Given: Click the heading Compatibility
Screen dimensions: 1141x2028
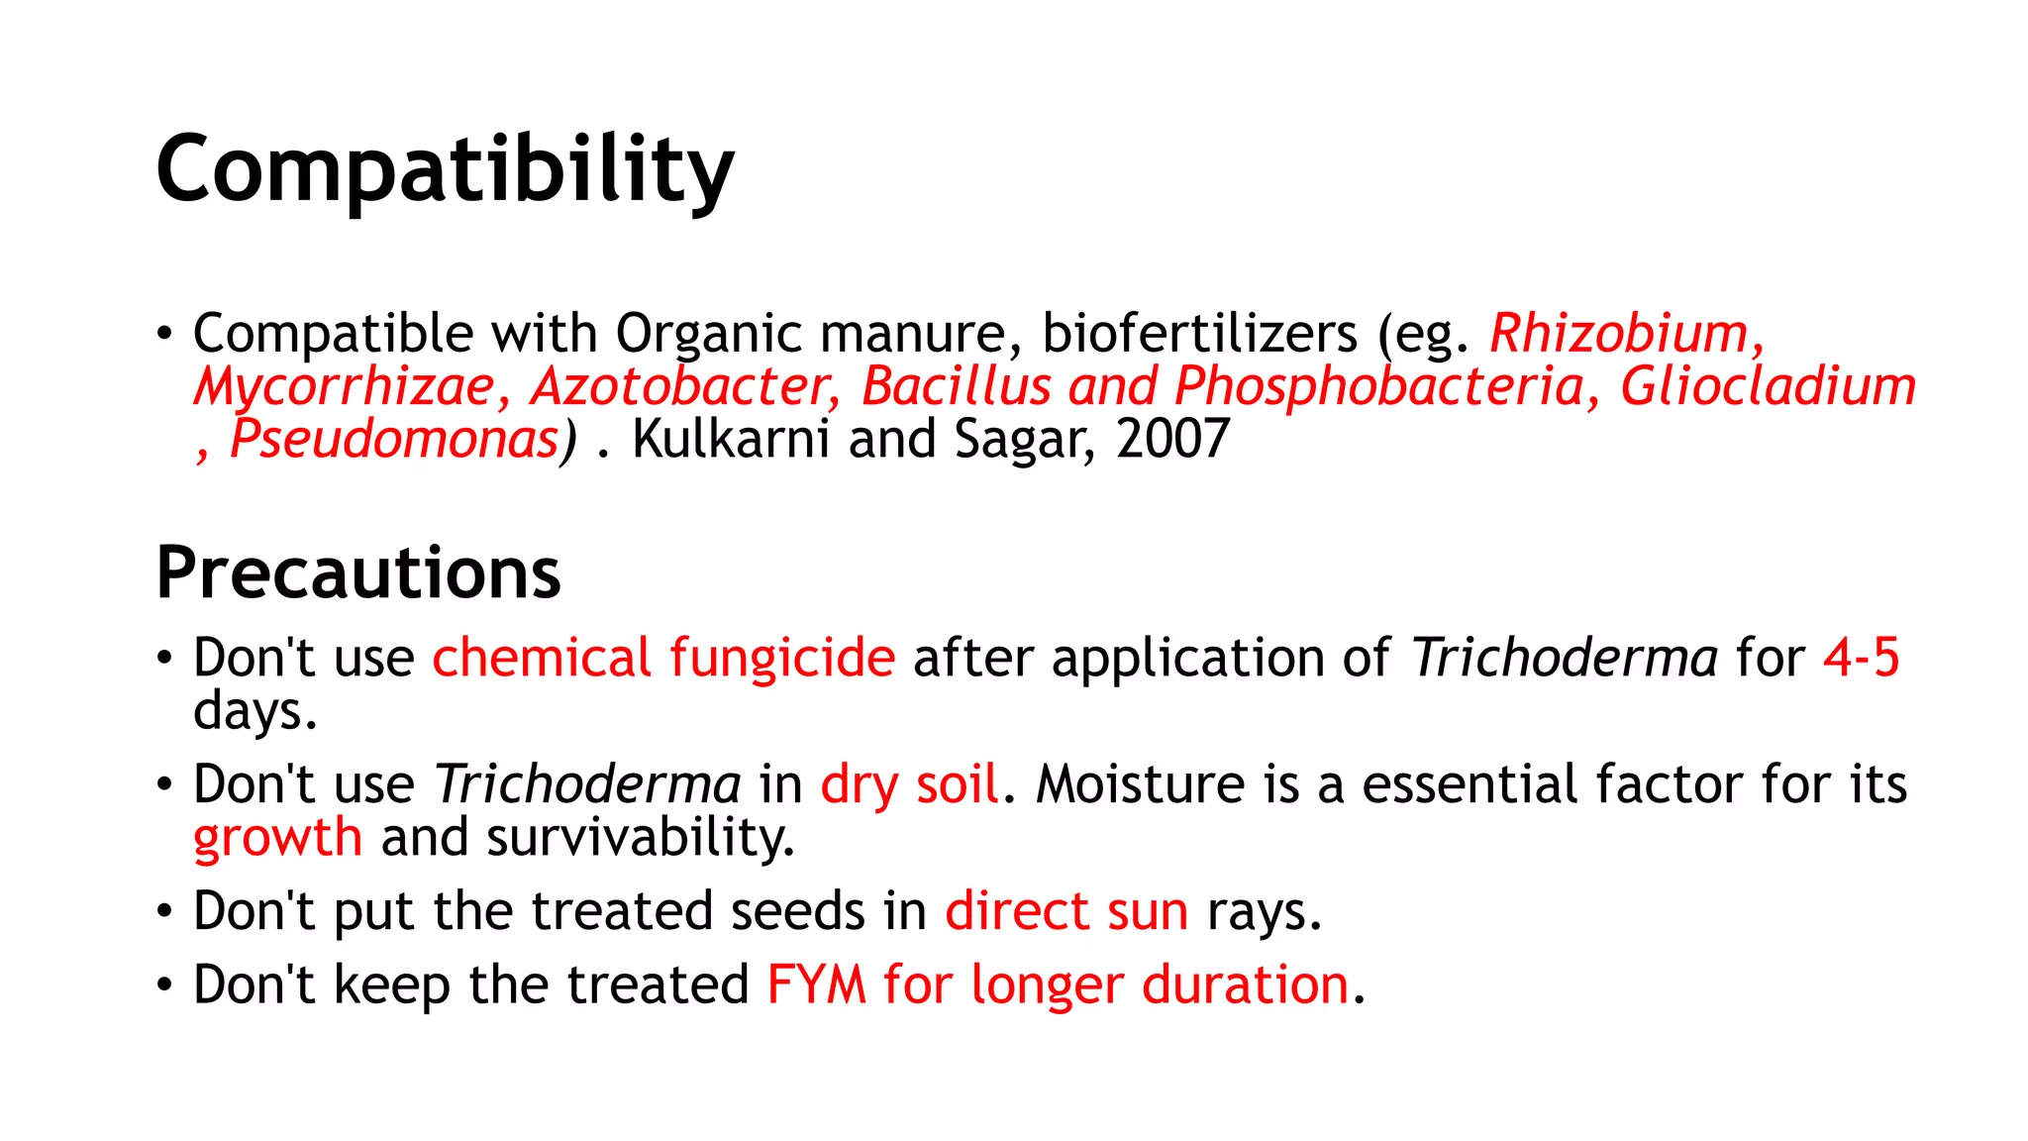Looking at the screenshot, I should click(x=445, y=170).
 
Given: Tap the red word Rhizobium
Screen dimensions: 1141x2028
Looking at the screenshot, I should click(x=1620, y=333).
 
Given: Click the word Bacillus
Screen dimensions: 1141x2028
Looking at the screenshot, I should click(x=956, y=386).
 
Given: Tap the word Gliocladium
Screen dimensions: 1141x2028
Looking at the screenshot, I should click(x=1768, y=386).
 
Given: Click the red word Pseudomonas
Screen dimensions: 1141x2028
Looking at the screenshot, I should click(x=394, y=439).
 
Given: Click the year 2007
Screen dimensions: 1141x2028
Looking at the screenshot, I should click(x=1172, y=439).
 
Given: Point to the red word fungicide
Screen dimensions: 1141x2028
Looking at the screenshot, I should click(x=782, y=658).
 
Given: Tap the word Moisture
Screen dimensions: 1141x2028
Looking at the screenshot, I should click(x=1140, y=784).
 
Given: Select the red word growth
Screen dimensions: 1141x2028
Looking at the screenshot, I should click(x=278, y=838).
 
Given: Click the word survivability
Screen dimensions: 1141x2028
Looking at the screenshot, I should click(x=640, y=838).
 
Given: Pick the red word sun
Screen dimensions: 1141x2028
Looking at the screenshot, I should click(x=1148, y=911).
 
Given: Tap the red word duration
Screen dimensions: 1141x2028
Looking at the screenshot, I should click(x=1246, y=985).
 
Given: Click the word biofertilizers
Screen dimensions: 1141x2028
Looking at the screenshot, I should click(x=1199, y=333).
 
